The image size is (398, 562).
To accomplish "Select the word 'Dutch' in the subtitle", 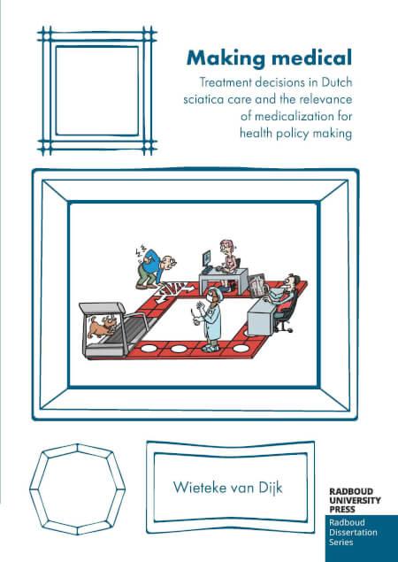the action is (336, 82).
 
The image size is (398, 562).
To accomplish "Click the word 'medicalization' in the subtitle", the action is (293, 116).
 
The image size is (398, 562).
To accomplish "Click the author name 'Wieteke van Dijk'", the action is (228, 488).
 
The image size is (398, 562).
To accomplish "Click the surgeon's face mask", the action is (211, 298).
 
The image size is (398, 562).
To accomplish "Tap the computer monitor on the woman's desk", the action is (208, 258).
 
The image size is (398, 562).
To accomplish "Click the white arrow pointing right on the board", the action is (188, 288).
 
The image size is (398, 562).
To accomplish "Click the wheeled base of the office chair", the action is (285, 327).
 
